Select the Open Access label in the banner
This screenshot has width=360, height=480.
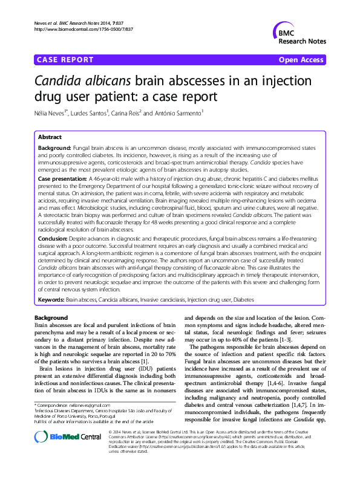301,60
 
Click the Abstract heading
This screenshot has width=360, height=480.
50,138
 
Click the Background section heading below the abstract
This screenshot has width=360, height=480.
51,317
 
